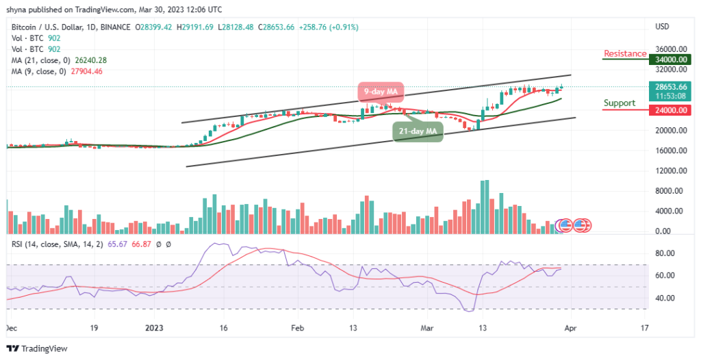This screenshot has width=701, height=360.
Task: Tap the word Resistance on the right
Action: point(624,53)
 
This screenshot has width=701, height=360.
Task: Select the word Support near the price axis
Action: point(619,103)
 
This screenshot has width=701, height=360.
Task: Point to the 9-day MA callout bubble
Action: point(380,91)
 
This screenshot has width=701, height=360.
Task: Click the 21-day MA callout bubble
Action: point(417,131)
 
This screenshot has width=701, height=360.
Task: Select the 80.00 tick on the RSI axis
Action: point(663,253)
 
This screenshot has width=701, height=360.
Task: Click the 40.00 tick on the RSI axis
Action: point(663,298)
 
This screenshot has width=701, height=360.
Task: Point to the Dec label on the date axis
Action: point(12,329)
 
